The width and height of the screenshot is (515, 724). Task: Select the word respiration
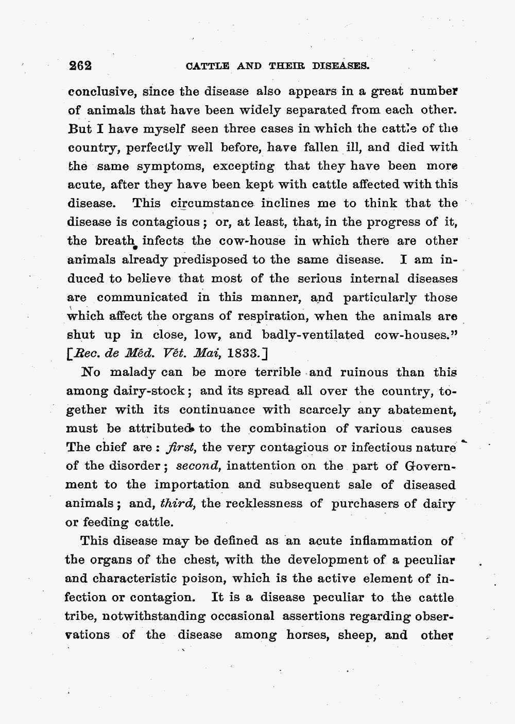[x=270, y=316]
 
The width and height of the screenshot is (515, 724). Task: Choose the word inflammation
[x=391, y=541]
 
